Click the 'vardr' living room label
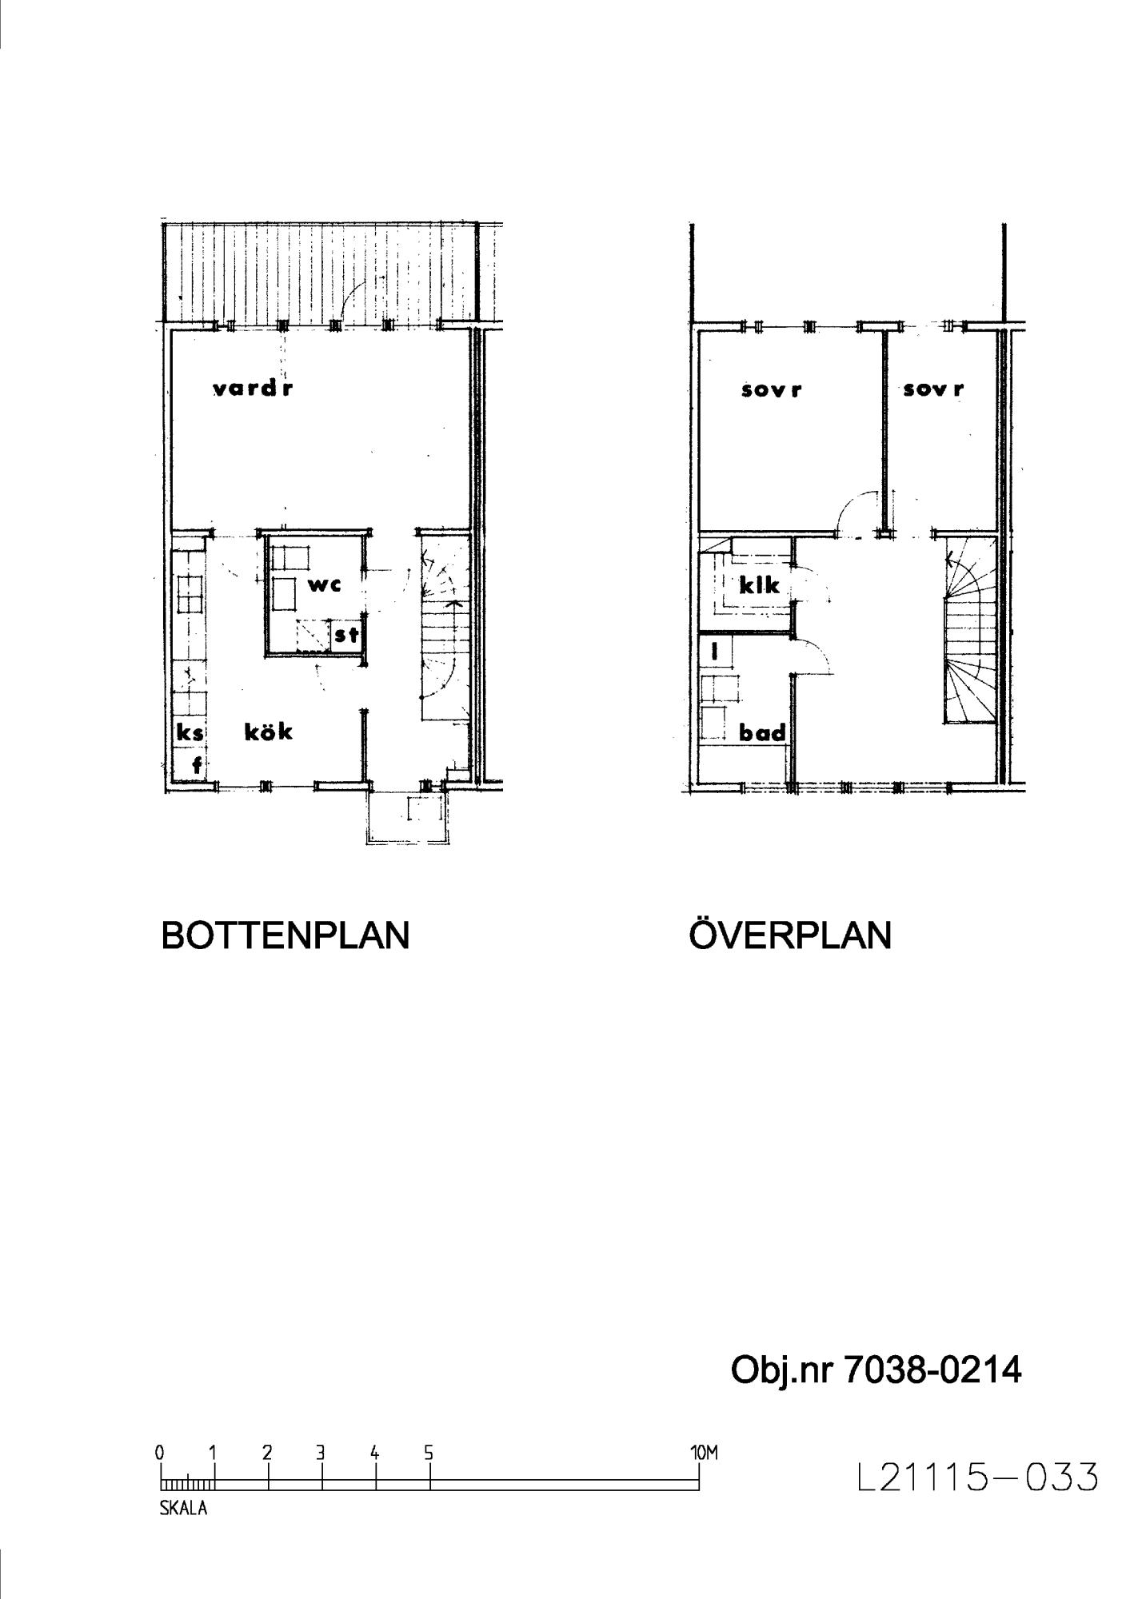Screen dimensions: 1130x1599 (x=253, y=389)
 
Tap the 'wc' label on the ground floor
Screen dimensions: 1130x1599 (x=325, y=584)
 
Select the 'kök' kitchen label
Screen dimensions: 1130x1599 (x=269, y=731)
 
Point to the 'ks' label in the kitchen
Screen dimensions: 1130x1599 (x=190, y=732)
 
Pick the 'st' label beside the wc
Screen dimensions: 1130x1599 (x=346, y=636)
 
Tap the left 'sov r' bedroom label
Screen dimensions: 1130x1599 (x=771, y=390)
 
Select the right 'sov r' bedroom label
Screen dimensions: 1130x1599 (x=933, y=389)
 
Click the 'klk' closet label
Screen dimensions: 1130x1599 (x=759, y=585)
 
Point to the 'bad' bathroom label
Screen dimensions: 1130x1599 (x=762, y=732)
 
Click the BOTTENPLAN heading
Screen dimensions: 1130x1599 (x=285, y=935)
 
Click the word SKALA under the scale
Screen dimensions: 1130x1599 (x=184, y=1509)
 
